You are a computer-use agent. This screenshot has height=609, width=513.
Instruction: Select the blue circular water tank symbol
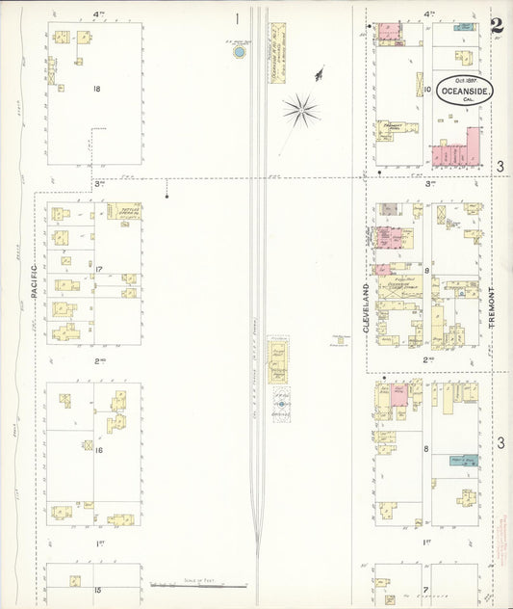(239, 52)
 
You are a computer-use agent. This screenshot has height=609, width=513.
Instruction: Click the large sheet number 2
(496, 28)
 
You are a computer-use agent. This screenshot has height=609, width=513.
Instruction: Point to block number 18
(96, 89)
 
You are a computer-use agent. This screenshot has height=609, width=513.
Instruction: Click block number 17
(98, 269)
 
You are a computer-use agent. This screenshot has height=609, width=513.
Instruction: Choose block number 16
(98, 450)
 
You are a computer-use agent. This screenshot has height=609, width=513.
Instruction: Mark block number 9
(425, 272)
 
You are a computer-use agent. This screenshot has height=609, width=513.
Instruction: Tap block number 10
(425, 89)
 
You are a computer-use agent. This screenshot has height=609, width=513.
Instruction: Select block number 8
(425, 450)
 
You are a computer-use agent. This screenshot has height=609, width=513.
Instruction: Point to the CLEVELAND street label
(367, 308)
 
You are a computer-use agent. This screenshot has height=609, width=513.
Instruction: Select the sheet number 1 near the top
(237, 17)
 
